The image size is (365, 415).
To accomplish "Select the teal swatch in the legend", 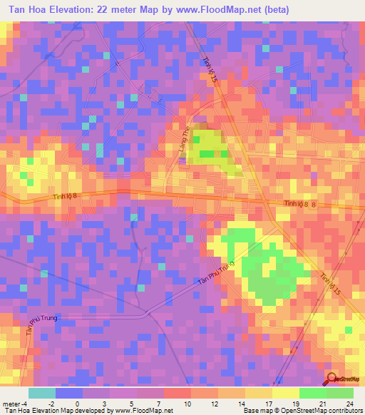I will point(41,393).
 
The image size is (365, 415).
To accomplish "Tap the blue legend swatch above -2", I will point(68,393).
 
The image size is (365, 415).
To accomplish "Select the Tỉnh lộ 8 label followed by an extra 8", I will point(304,204).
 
